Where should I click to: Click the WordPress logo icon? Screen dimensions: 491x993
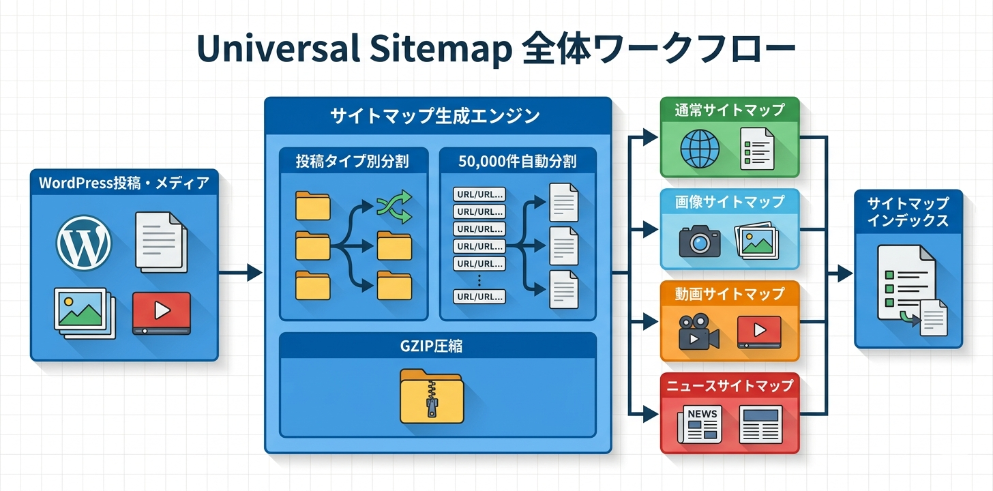83,241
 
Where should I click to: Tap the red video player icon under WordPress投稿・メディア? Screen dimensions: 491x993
162,312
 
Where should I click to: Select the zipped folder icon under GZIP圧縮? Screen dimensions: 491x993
431,395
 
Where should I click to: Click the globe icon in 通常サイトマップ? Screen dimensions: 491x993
700,149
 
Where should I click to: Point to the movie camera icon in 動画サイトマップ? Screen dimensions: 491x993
698,332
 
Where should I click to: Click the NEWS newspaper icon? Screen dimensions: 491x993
699,423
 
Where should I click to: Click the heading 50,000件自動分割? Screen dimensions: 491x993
518,162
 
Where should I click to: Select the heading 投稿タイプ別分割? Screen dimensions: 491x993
353,162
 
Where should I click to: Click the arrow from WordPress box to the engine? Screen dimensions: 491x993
241,273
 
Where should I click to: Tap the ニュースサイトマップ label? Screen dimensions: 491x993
730,385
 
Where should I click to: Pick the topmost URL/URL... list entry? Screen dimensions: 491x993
479,194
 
